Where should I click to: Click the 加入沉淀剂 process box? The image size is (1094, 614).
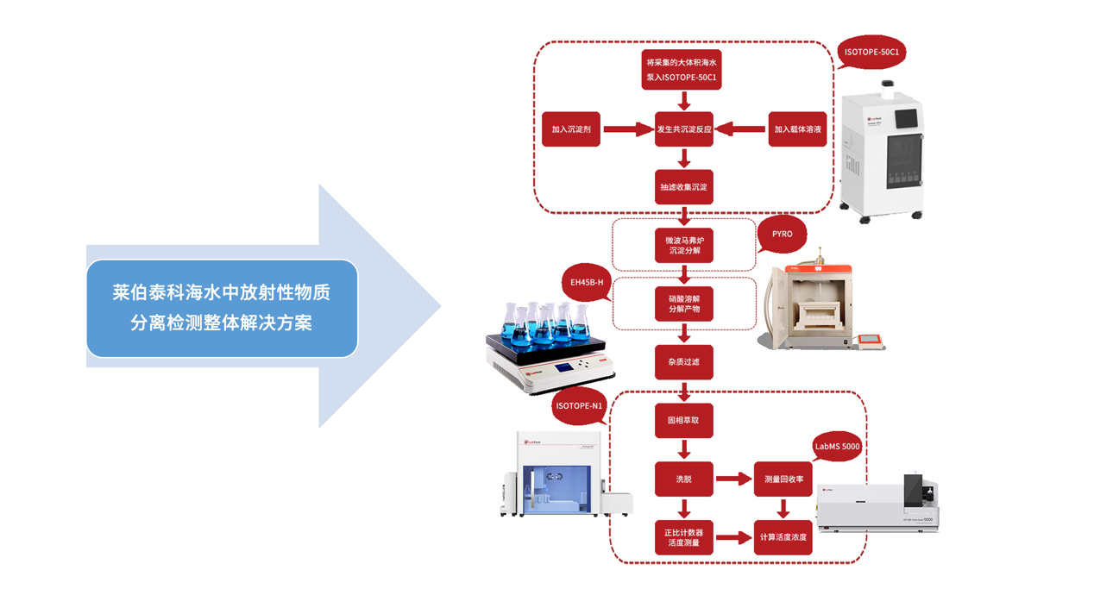pos(571,129)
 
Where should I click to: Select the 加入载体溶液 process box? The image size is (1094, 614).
pos(797,129)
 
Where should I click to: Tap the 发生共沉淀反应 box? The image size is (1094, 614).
pos(684,129)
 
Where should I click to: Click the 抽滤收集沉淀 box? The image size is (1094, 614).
pos(684,187)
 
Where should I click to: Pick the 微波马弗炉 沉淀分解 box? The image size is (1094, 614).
pos(684,245)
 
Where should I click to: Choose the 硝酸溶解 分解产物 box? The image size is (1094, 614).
pos(684,304)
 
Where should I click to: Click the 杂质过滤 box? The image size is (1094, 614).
pos(684,362)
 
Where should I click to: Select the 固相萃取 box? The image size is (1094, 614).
pos(684,421)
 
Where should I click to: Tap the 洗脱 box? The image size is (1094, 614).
pos(684,479)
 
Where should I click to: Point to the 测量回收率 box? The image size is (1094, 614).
pos(783,479)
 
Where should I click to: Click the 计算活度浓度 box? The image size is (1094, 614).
pos(783,537)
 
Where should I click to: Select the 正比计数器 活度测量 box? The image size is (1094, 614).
pos(684,537)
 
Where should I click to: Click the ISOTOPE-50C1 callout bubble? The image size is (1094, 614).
pos(871,53)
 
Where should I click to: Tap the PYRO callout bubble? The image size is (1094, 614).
pos(782,234)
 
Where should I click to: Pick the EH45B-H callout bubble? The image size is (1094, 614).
pos(587,283)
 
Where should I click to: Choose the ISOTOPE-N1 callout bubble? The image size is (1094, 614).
pos(580,405)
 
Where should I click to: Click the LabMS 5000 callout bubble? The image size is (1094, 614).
pos(837,447)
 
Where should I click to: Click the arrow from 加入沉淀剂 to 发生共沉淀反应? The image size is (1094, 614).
pos(628,129)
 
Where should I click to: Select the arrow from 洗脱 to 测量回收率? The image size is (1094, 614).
pos(733,479)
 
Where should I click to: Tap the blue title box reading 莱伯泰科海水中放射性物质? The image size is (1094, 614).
pos(222,308)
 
